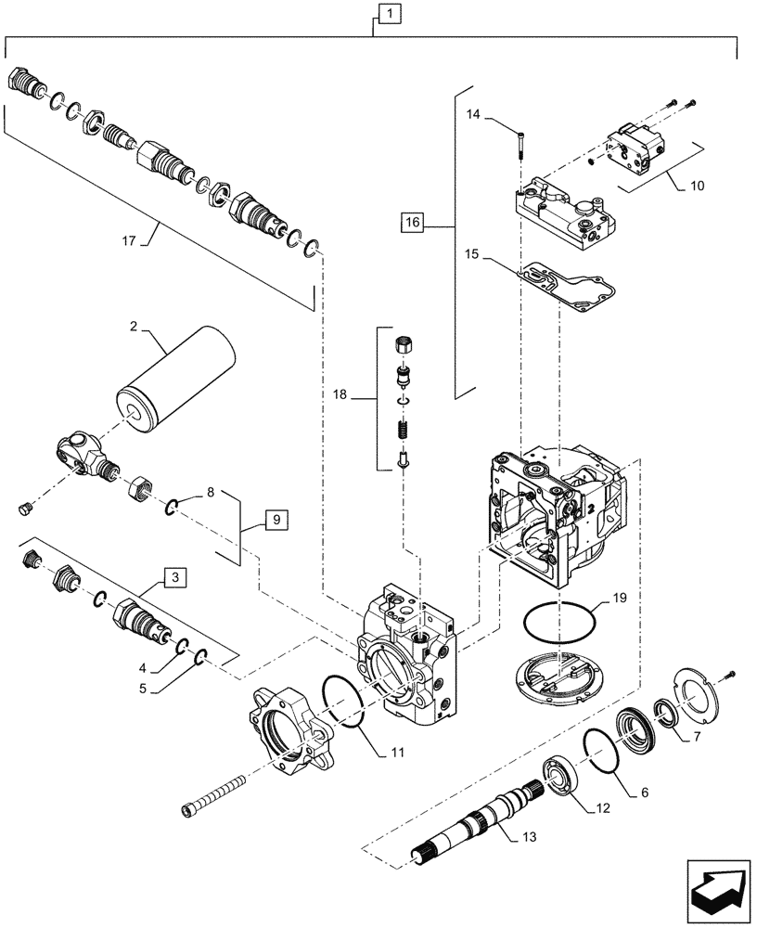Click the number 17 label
click(129, 240)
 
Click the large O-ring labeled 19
click(559, 622)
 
